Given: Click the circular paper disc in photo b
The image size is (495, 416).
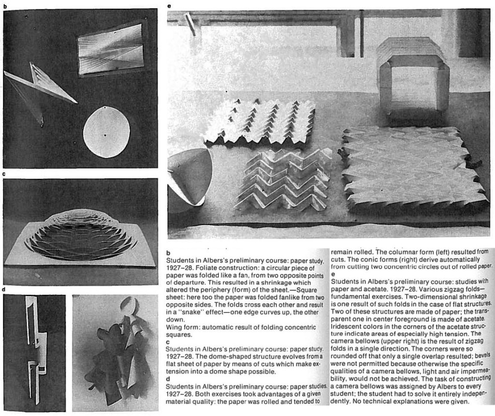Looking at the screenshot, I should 106,132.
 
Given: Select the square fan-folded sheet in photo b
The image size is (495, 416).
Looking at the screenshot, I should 111,49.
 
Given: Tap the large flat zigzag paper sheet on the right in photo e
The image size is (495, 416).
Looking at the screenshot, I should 413,167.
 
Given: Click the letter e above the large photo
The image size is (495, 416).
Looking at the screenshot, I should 168,6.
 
